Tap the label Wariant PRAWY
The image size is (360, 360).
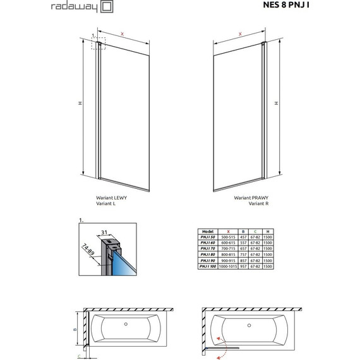[x=248, y=198]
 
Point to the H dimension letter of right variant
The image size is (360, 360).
[x=275, y=103]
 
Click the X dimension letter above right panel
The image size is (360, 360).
[x=241, y=35]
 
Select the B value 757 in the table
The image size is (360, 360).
[x=243, y=255]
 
